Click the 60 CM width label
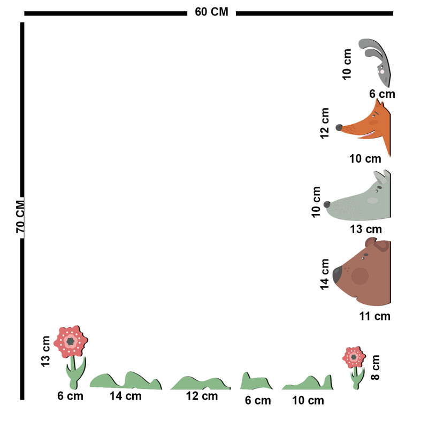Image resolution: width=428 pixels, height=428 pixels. coord(211,12)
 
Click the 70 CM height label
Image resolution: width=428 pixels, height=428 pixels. coord(21,216)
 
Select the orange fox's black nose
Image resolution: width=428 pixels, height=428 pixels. coord(339,127)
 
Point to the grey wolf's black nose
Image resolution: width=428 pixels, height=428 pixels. coord(327,204)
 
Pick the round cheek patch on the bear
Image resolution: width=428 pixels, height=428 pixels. coord(360,276)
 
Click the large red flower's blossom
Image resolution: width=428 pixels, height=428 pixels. coord(70,341)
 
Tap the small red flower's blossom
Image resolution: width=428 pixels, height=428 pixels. coord(354,357)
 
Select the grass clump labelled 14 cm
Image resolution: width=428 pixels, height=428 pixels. coord(126,381)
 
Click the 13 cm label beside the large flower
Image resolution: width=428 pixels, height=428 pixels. coord(45,351)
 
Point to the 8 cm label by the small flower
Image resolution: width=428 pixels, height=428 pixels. coord(376,367)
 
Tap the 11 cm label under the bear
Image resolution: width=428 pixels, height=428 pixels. coord(374,316)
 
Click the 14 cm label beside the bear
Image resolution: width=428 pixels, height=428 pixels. coord(325,274)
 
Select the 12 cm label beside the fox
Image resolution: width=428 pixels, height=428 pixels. coord(325,123)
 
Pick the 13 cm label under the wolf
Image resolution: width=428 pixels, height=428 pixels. coord(366,230)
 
